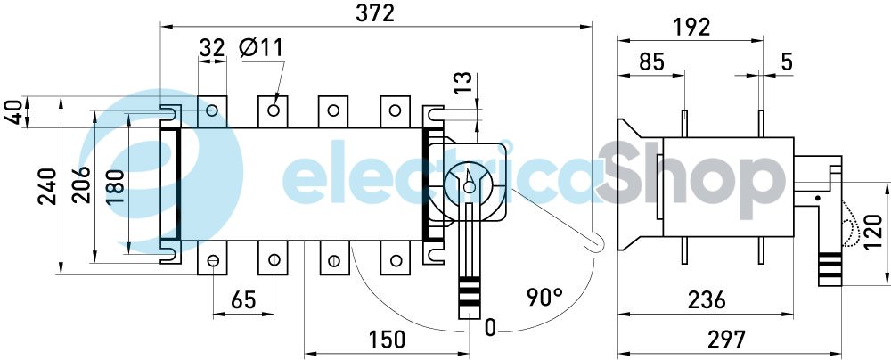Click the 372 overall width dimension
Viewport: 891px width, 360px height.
(x=374, y=13)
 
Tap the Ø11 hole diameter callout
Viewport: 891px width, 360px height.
(x=261, y=48)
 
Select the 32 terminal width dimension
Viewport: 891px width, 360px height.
(x=212, y=49)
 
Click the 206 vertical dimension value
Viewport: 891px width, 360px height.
(x=81, y=184)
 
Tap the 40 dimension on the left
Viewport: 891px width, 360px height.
(x=14, y=114)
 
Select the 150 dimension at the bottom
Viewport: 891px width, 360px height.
(x=387, y=340)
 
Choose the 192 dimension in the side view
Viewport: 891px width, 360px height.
(x=691, y=28)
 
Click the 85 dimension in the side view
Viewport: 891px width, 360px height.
(x=651, y=62)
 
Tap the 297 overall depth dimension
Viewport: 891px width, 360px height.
(x=727, y=340)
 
